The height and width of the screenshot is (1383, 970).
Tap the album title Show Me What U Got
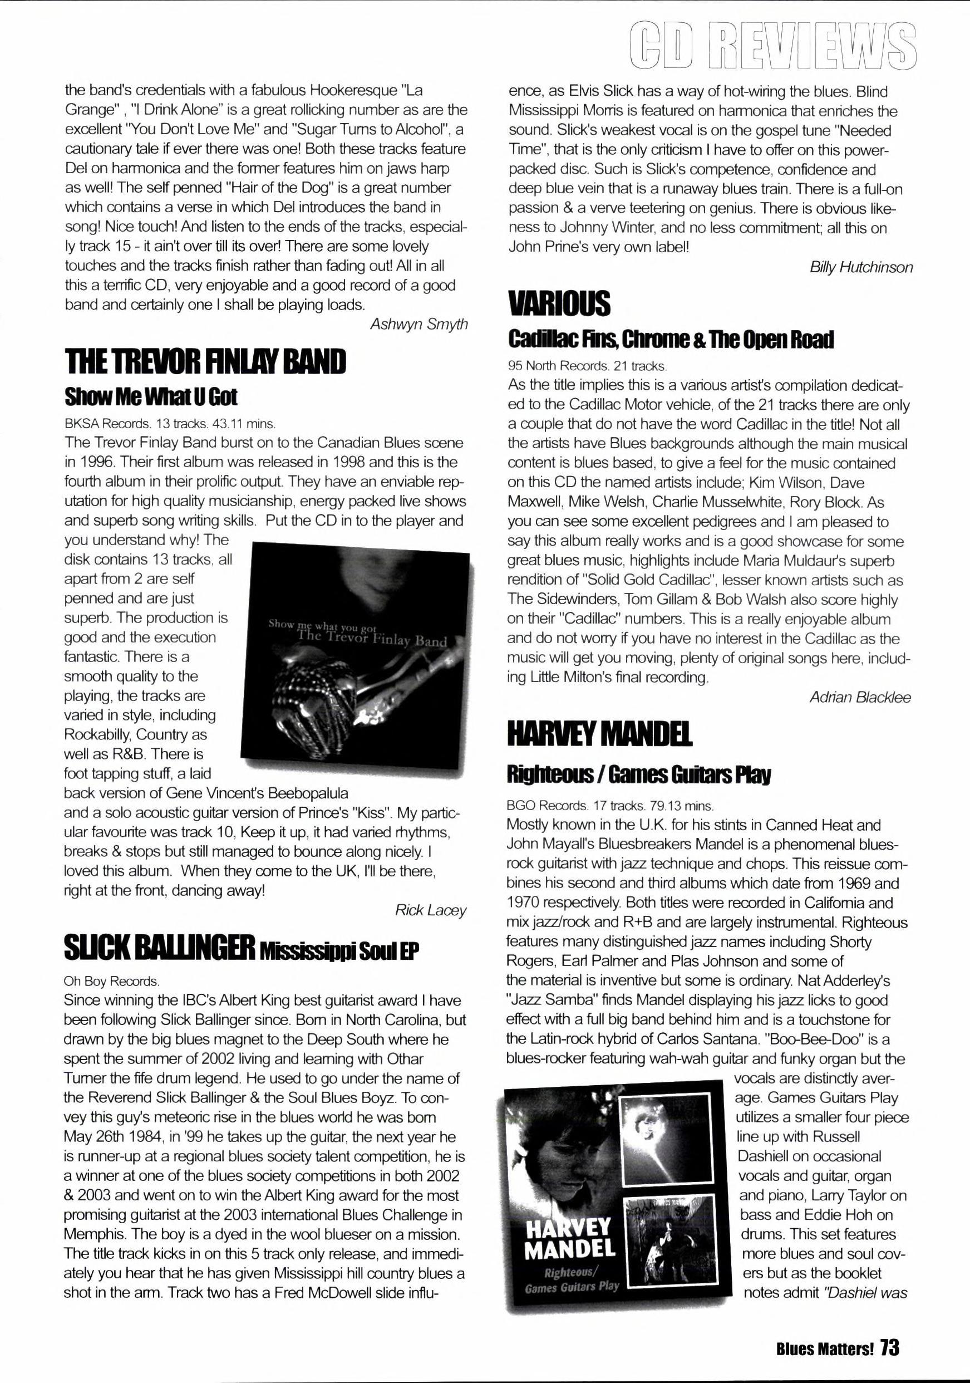(x=151, y=398)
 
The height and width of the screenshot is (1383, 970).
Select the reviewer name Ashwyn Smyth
(x=418, y=325)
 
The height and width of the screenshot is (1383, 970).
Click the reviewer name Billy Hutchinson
(x=861, y=267)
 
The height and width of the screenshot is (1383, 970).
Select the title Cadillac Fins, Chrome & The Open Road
(x=671, y=341)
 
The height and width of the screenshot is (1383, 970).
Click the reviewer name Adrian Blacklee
(x=860, y=698)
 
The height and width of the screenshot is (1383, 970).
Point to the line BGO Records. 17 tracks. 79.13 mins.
(x=611, y=805)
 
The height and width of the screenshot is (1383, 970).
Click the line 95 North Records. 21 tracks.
(x=587, y=365)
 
